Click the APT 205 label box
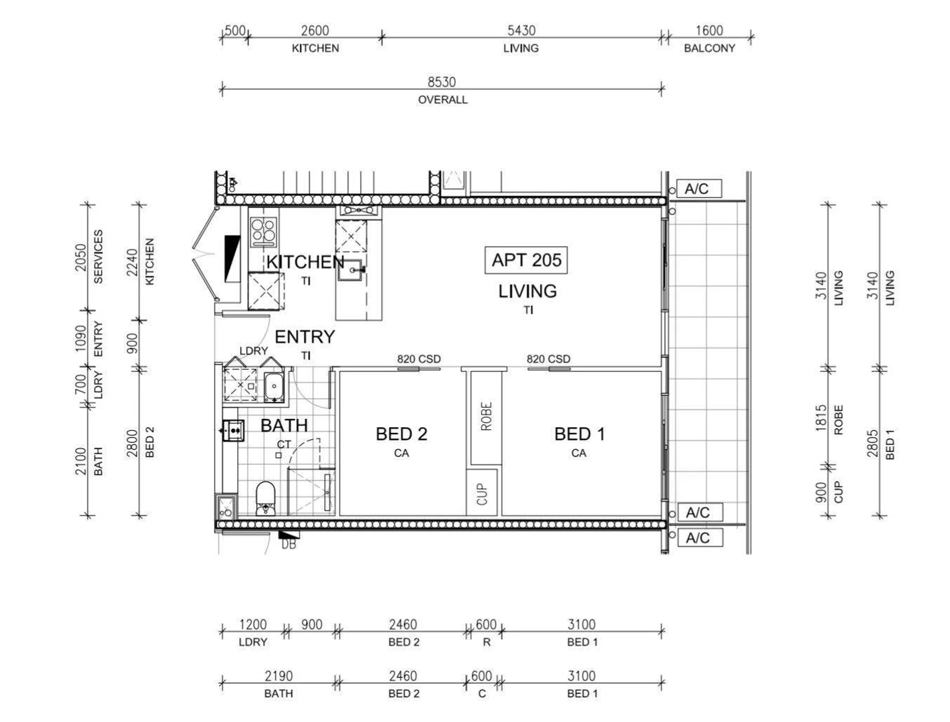click(526, 260)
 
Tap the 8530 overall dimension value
click(442, 82)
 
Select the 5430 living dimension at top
click(522, 31)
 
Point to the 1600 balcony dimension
click(709, 31)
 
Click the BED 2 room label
click(401, 434)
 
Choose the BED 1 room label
click(579, 434)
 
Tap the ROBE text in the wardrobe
click(486, 416)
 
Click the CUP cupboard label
click(482, 494)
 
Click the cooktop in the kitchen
click(263, 231)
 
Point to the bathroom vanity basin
click(233, 431)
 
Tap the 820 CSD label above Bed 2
click(419, 359)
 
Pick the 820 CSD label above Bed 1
click(548, 359)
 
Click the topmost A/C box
click(699, 188)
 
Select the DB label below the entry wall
click(288, 544)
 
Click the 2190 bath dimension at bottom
click(278, 676)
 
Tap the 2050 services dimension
click(81, 258)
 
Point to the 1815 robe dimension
click(821, 418)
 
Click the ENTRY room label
click(305, 337)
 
